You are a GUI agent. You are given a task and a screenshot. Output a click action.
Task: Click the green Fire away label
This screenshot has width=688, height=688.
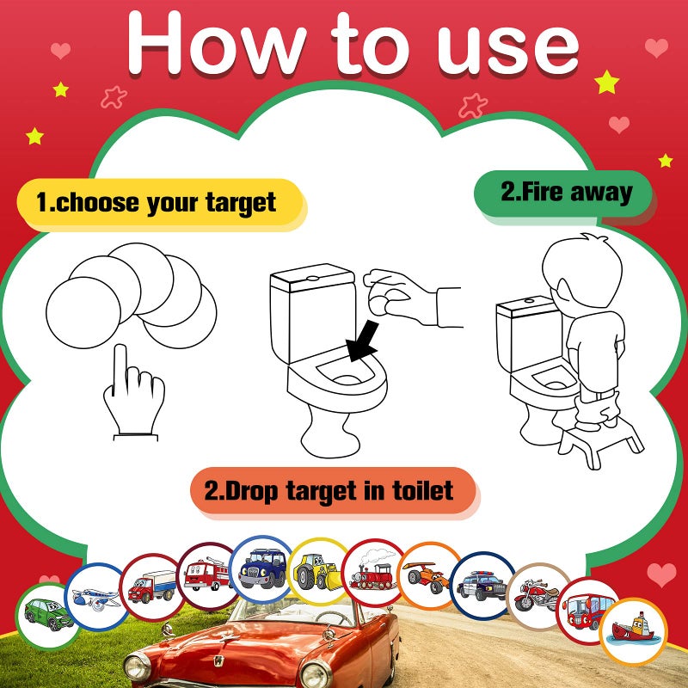[x=565, y=192]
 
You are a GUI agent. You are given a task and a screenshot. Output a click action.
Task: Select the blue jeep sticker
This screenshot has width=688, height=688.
[x=262, y=568]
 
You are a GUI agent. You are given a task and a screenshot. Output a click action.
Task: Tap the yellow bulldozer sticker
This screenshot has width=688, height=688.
[x=317, y=571]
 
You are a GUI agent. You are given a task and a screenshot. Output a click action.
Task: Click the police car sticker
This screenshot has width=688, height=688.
[x=482, y=584]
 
